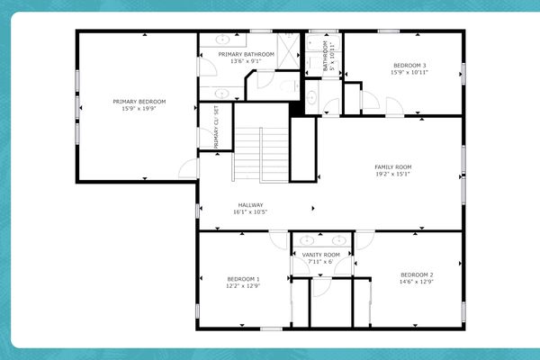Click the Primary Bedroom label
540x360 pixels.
click(x=139, y=102)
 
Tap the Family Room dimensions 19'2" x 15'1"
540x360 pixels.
click(x=392, y=175)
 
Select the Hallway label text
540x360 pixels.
click(x=250, y=204)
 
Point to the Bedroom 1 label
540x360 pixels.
click(x=243, y=279)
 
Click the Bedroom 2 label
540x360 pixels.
click(x=417, y=274)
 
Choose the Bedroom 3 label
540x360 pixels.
click(x=409, y=65)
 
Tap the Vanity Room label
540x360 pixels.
click(x=321, y=256)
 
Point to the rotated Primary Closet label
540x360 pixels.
click(x=216, y=126)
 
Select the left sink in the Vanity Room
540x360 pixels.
click(x=307, y=241)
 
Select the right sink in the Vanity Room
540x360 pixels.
click(x=338, y=241)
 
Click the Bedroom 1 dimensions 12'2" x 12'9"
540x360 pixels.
click(x=243, y=286)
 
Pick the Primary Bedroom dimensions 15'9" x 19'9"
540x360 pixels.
click(x=139, y=109)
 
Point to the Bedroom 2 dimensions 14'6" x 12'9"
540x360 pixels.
click(x=417, y=282)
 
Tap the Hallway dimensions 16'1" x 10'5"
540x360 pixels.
click(x=250, y=211)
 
